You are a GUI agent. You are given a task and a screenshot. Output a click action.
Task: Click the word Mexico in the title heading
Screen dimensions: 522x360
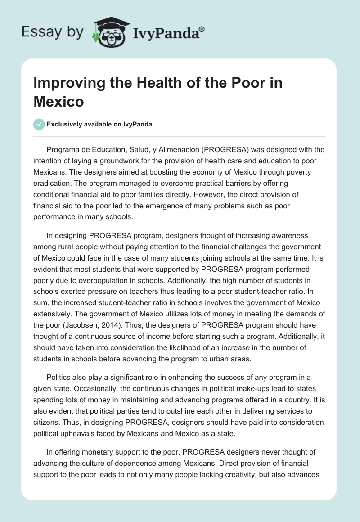click(x=58, y=101)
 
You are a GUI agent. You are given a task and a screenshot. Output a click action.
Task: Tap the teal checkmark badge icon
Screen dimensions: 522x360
click(x=39, y=124)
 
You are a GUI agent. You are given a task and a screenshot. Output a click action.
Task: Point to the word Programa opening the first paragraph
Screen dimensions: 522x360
click(x=64, y=150)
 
